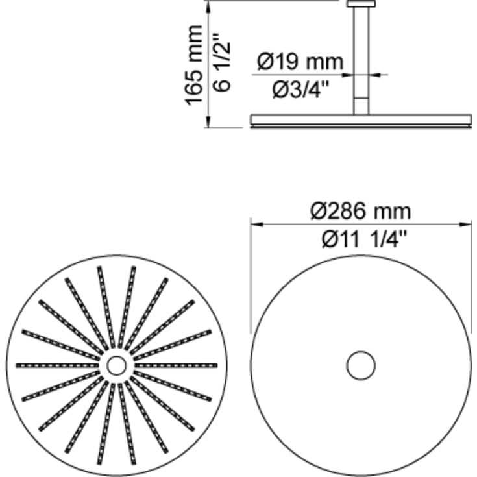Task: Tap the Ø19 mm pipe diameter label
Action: tap(299, 62)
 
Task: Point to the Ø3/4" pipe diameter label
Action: tap(299, 89)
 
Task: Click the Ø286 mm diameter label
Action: tap(361, 211)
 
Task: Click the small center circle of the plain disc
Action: tap(361, 366)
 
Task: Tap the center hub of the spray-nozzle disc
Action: tap(117, 366)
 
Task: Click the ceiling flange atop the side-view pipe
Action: tap(361, 4)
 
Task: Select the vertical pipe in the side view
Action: tap(361, 58)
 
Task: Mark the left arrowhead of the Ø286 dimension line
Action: tap(256, 225)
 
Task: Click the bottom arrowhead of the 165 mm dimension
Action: tap(207, 123)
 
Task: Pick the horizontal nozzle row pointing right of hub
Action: tap(177, 366)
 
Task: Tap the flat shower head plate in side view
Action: tap(361, 120)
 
